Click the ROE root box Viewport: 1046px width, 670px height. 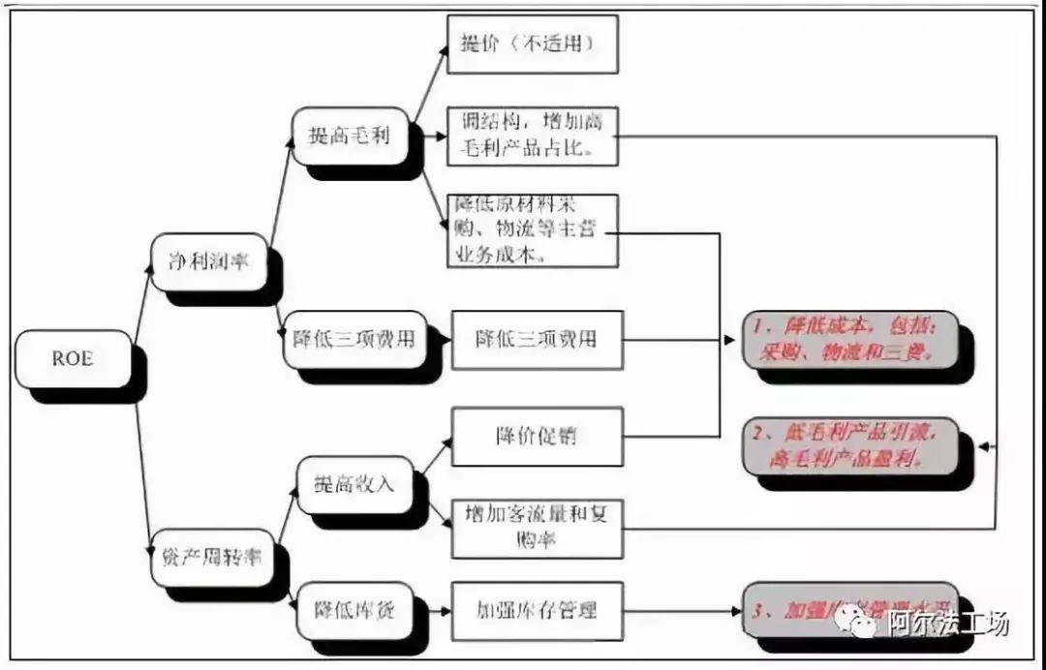pos(73,359)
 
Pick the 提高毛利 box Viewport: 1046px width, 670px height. pos(349,136)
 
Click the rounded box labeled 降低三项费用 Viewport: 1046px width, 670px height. pos(354,339)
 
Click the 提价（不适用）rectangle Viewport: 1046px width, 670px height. pos(533,45)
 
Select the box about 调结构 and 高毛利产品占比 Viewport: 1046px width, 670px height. pos(533,135)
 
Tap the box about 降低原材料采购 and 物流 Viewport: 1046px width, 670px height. pos(533,230)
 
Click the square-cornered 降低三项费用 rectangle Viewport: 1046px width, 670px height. pos(536,339)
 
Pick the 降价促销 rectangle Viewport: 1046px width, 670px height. pos(536,436)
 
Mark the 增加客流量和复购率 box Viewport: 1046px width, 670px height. pos(536,529)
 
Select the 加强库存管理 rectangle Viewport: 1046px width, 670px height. pos(536,610)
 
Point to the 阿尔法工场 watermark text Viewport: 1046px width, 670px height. pos(948,621)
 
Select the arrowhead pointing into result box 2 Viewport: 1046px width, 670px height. pos(984,446)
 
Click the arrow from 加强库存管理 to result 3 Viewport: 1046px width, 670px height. pos(678,611)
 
